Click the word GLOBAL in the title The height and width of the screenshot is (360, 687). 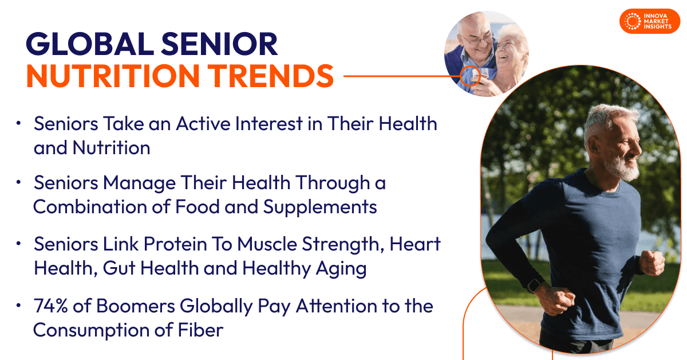[x=89, y=44]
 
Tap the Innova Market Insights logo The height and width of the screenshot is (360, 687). [x=650, y=21]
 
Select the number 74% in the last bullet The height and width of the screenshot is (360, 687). [x=50, y=306]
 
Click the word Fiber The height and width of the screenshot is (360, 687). [x=200, y=330]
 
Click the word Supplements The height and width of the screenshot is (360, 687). [x=320, y=208]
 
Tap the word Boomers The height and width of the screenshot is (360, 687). [x=136, y=306]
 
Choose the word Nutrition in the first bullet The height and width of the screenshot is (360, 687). [x=111, y=148]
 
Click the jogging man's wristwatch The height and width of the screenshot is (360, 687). [x=534, y=285]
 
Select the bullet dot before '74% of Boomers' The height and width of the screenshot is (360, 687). [x=18, y=306]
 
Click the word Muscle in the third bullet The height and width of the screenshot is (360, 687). [x=267, y=244]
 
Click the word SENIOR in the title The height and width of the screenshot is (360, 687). [x=219, y=44]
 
